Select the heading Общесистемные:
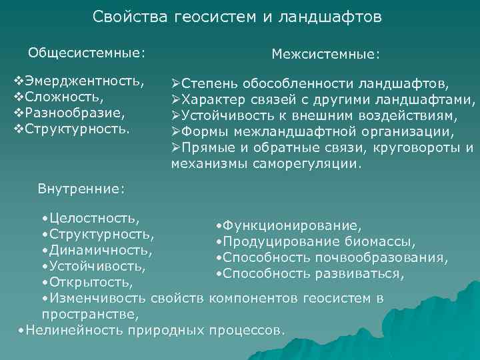pos(86,51)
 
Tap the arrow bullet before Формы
pos(176,132)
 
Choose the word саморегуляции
pos(311,163)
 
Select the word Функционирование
pos(293,226)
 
